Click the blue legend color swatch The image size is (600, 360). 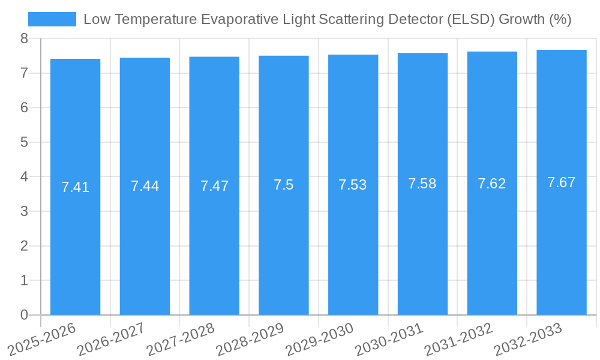point(52,19)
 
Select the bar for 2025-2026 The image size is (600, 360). point(75,240)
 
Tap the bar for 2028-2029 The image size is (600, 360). point(284,240)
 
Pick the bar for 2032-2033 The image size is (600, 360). point(562,240)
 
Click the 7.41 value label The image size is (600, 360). point(75,187)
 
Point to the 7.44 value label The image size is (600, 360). point(145,186)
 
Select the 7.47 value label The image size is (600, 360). point(214,186)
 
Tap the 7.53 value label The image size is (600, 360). point(353,185)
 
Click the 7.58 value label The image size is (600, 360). point(422,184)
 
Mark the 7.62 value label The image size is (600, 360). point(492,184)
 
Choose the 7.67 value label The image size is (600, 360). point(562,182)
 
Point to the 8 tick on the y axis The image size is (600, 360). point(24,38)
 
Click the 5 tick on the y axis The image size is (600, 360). point(24,142)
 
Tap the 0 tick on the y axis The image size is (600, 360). point(24,315)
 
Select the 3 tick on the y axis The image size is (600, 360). point(24,211)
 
